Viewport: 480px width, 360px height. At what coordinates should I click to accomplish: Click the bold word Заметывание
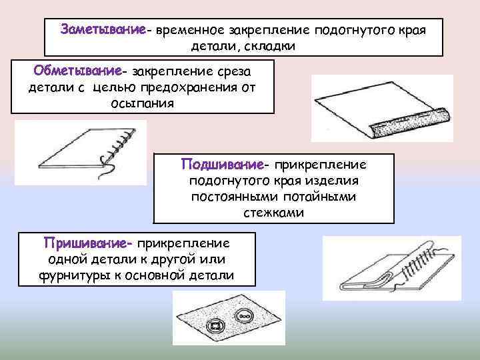(103, 31)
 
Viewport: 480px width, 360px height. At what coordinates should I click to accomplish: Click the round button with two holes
(246, 313)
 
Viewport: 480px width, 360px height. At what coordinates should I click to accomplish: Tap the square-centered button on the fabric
(216, 327)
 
